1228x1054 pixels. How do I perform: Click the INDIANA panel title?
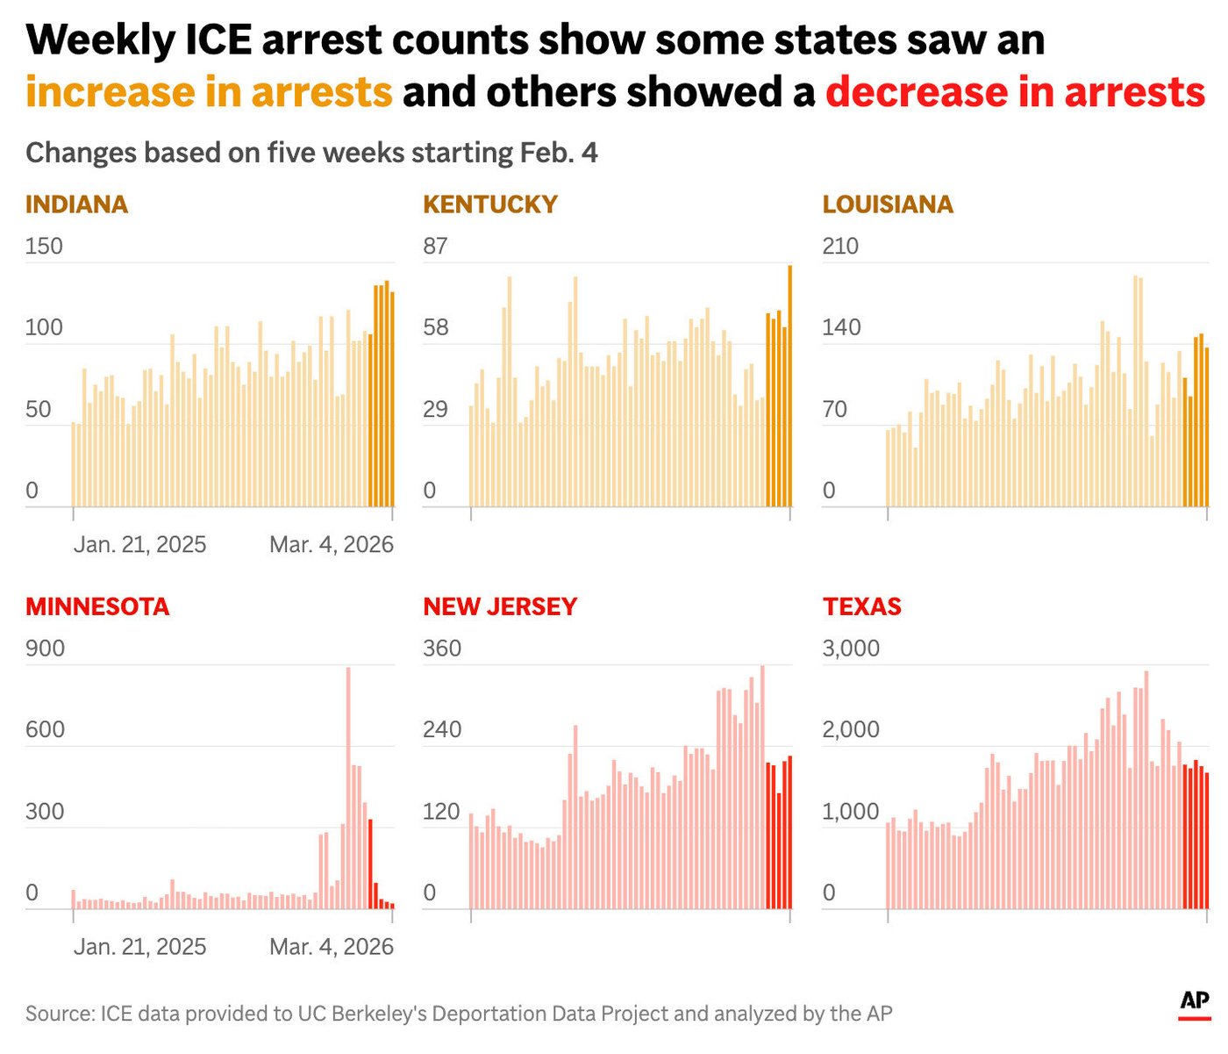click(x=76, y=204)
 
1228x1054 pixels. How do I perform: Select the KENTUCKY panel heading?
click(x=489, y=204)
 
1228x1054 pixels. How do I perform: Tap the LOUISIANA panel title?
click(x=887, y=204)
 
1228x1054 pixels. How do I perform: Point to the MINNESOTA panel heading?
click(x=96, y=606)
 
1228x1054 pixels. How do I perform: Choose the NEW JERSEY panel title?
click(x=500, y=606)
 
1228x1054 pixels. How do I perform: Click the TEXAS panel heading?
click(x=861, y=606)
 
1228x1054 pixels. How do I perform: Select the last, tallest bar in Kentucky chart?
click(x=789, y=386)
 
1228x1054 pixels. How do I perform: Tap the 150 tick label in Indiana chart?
click(x=44, y=246)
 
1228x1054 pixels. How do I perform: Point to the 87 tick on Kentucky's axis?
click(x=435, y=246)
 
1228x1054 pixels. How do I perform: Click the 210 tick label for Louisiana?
click(x=840, y=246)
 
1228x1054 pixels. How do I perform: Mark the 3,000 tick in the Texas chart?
click(x=851, y=649)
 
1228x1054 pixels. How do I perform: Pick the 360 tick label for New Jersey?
click(x=442, y=649)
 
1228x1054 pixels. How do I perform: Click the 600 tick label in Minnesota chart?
click(x=45, y=729)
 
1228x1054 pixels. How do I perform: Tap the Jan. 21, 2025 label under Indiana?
click(x=139, y=545)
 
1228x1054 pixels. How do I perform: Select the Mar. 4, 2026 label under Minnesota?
click(x=331, y=947)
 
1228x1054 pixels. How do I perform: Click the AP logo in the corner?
click(x=1194, y=1002)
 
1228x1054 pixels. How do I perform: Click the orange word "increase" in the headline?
click(x=110, y=92)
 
